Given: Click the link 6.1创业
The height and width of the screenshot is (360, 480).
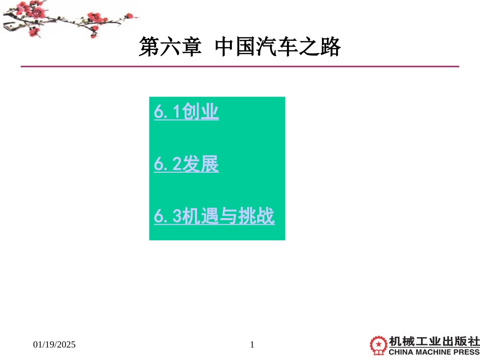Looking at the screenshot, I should click(x=186, y=112).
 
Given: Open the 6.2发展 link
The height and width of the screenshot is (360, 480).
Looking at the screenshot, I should click(x=186, y=165).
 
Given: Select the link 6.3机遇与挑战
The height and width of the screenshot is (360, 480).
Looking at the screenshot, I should click(x=214, y=217).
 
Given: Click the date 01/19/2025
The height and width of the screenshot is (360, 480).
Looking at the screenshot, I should click(x=55, y=345).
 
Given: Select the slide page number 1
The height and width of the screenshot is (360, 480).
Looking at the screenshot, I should click(x=252, y=345).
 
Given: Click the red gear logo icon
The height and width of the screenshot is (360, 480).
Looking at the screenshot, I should click(x=378, y=345).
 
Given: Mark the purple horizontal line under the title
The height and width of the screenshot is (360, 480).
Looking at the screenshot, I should click(x=239, y=66).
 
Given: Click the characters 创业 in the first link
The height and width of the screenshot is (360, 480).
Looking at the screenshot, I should click(x=201, y=112).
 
